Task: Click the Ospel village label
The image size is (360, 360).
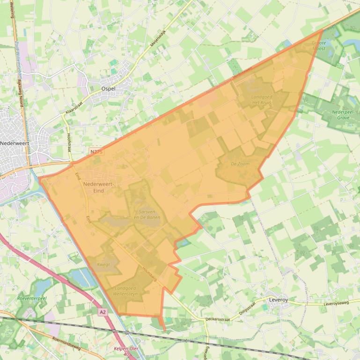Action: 109,88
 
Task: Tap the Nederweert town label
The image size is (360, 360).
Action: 13,143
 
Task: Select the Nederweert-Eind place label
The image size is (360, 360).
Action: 99,187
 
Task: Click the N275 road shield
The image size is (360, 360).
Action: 96,152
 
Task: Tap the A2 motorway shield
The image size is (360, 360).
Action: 103,311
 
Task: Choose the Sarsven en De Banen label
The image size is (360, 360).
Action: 147,215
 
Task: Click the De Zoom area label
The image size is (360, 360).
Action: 240,164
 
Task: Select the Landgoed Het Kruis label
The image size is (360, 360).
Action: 262,100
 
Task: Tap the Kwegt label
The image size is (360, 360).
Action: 103,265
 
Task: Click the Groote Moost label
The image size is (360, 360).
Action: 319,45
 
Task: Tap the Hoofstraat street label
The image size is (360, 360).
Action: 69,141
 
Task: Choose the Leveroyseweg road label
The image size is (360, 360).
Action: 336,303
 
